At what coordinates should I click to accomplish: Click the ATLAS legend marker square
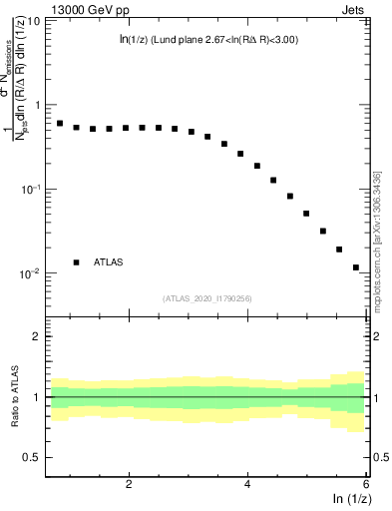[76, 262]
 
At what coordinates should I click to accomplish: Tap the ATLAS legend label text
[109, 262]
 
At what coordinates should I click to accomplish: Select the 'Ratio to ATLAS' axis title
[13, 397]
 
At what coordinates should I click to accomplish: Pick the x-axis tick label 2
[129, 484]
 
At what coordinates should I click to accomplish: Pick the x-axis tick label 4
[247, 484]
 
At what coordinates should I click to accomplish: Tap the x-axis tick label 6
[366, 484]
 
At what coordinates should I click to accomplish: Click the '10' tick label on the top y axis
[35, 20]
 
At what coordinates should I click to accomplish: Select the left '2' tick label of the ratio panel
[37, 336]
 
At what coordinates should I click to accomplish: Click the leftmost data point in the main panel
[60, 124]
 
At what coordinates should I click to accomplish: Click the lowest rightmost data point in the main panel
[356, 267]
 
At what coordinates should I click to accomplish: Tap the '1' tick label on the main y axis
[38, 105]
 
